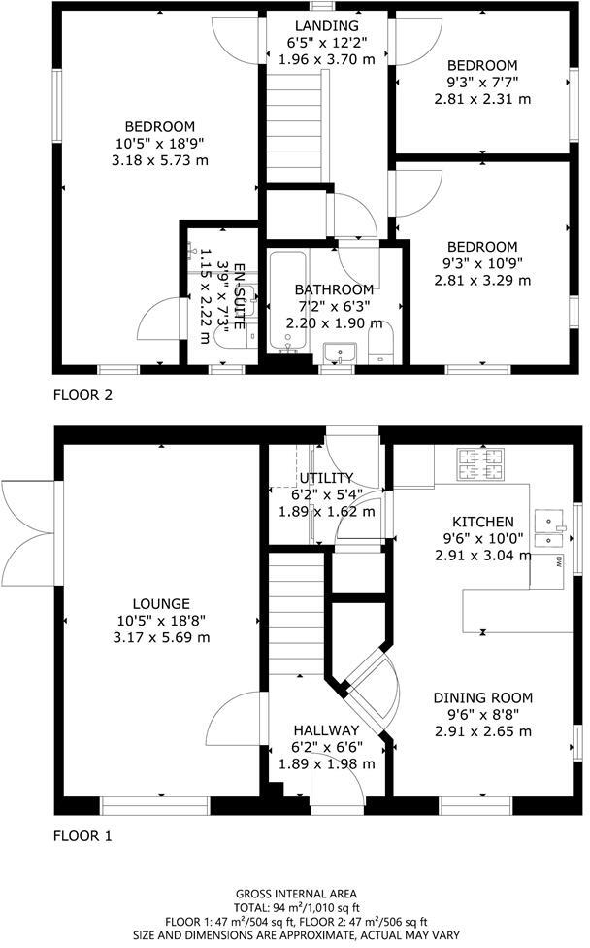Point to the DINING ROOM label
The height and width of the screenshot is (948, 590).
(482, 697)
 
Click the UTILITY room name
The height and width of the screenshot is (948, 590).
(326, 478)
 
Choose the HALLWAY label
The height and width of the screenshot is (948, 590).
(326, 730)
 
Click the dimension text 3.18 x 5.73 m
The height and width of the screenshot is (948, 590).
(160, 160)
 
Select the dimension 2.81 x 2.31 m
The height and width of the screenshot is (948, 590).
(482, 98)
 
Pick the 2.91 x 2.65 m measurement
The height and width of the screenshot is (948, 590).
(482, 731)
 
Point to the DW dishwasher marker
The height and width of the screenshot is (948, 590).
(560, 561)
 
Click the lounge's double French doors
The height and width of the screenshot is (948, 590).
(27, 530)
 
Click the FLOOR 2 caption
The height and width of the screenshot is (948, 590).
(82, 395)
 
